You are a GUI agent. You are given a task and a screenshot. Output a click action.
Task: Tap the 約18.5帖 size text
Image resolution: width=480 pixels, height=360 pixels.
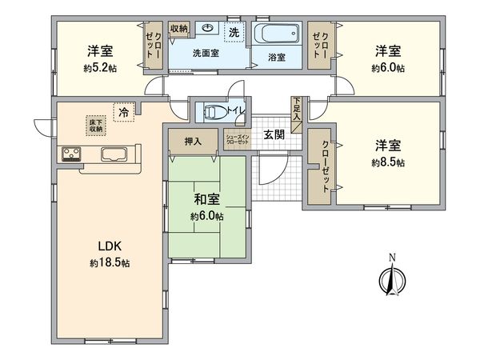[x=109, y=263]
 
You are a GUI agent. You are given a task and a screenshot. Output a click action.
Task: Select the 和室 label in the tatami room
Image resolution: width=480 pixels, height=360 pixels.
[x=206, y=200]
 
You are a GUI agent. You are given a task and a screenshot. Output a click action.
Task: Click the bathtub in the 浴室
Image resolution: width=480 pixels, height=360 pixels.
[x=277, y=35]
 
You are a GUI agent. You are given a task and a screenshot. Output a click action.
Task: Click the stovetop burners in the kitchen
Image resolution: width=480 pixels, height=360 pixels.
[x=68, y=154]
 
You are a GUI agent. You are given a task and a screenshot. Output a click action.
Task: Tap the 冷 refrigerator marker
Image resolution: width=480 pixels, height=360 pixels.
[x=123, y=113]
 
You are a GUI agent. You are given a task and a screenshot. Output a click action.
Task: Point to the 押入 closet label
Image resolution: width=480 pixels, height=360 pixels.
[x=192, y=142]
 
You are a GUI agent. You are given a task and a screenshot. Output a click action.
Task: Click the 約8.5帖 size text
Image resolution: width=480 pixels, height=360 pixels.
[x=388, y=162]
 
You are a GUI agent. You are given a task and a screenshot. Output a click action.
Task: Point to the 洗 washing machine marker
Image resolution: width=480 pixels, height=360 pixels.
[x=234, y=33]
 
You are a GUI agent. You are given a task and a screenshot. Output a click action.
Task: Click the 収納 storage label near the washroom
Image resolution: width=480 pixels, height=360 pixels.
[x=178, y=29]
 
